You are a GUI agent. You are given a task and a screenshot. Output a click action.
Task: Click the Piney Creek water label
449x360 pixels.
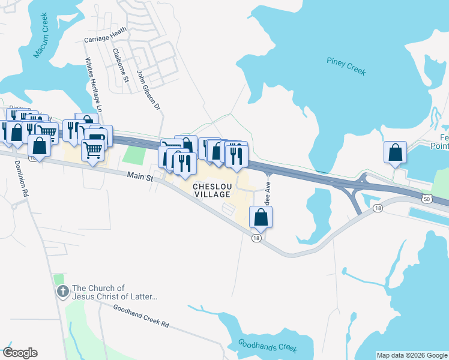[x=346, y=66]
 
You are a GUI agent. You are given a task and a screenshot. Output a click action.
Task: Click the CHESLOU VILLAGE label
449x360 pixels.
[x=211, y=190]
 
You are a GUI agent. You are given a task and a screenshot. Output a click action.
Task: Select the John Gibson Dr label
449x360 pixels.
[x=149, y=91]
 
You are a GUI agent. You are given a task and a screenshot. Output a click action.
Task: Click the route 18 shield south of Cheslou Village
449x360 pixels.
[x=256, y=238]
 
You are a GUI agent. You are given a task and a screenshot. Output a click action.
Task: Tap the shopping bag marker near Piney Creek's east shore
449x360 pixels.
[x=396, y=153]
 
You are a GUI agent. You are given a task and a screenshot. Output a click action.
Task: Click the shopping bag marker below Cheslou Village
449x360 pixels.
[x=261, y=217]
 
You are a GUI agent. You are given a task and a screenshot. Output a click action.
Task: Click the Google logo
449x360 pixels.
[x=20, y=353]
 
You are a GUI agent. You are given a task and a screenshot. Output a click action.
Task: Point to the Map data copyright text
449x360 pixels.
[x=412, y=355]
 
